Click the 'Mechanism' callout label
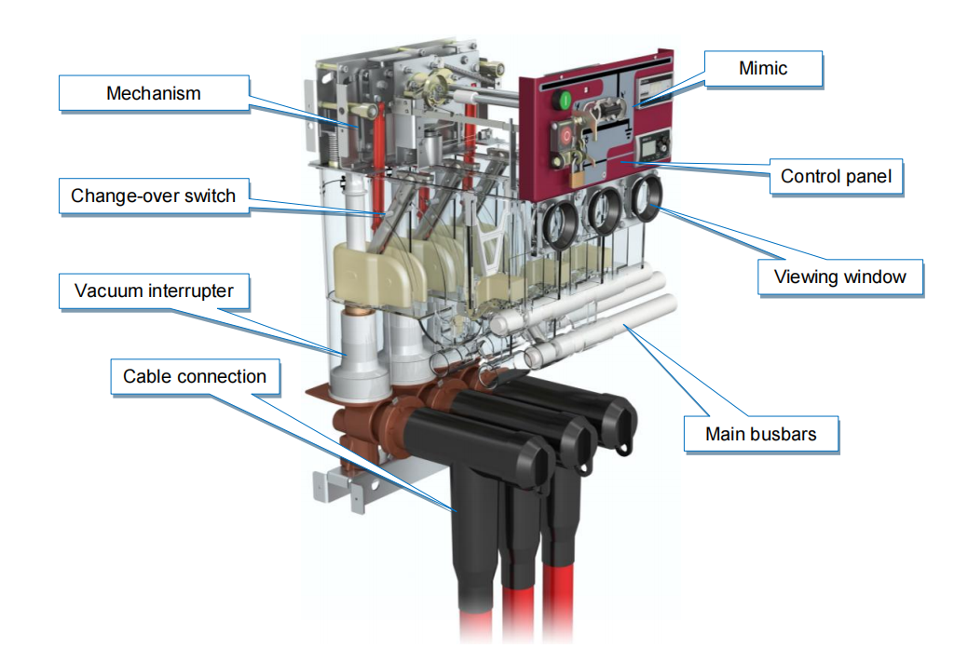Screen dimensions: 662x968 tap(154, 93)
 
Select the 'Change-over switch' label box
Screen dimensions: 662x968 tap(154, 196)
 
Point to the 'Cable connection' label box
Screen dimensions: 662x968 tap(195, 376)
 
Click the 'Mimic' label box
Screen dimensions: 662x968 tap(763, 68)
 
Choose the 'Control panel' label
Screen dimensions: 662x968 tap(835, 175)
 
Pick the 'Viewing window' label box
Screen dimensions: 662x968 tap(839, 277)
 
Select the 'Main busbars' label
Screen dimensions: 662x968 tap(760, 434)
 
